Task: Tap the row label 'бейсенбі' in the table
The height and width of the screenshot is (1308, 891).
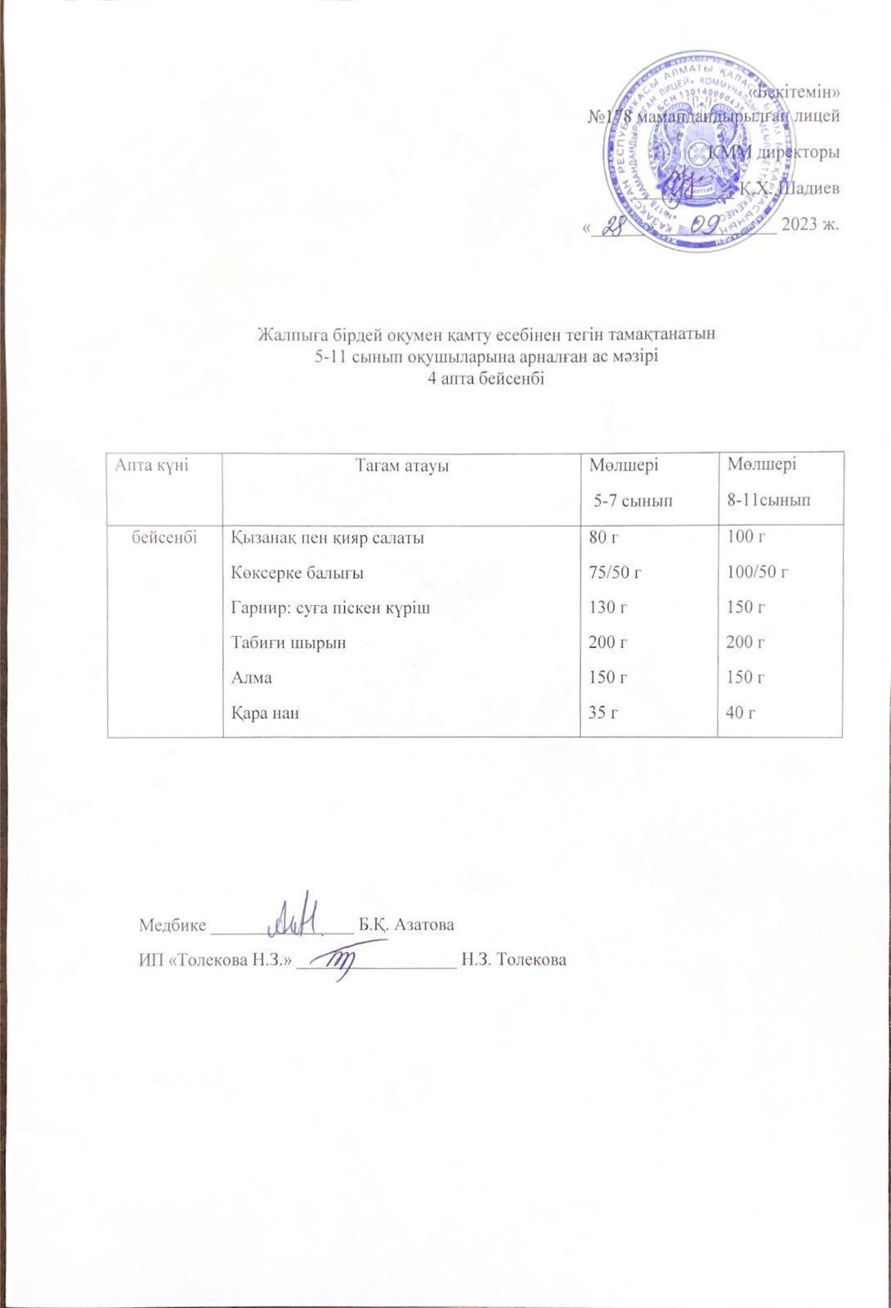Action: point(164,537)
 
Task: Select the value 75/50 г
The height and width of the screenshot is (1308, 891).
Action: point(616,572)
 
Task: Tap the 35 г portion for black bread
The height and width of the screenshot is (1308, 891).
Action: point(604,713)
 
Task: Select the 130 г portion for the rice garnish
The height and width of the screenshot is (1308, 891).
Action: point(608,607)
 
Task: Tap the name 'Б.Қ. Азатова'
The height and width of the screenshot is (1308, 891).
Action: point(406,925)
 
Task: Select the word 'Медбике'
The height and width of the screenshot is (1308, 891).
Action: point(172,925)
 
